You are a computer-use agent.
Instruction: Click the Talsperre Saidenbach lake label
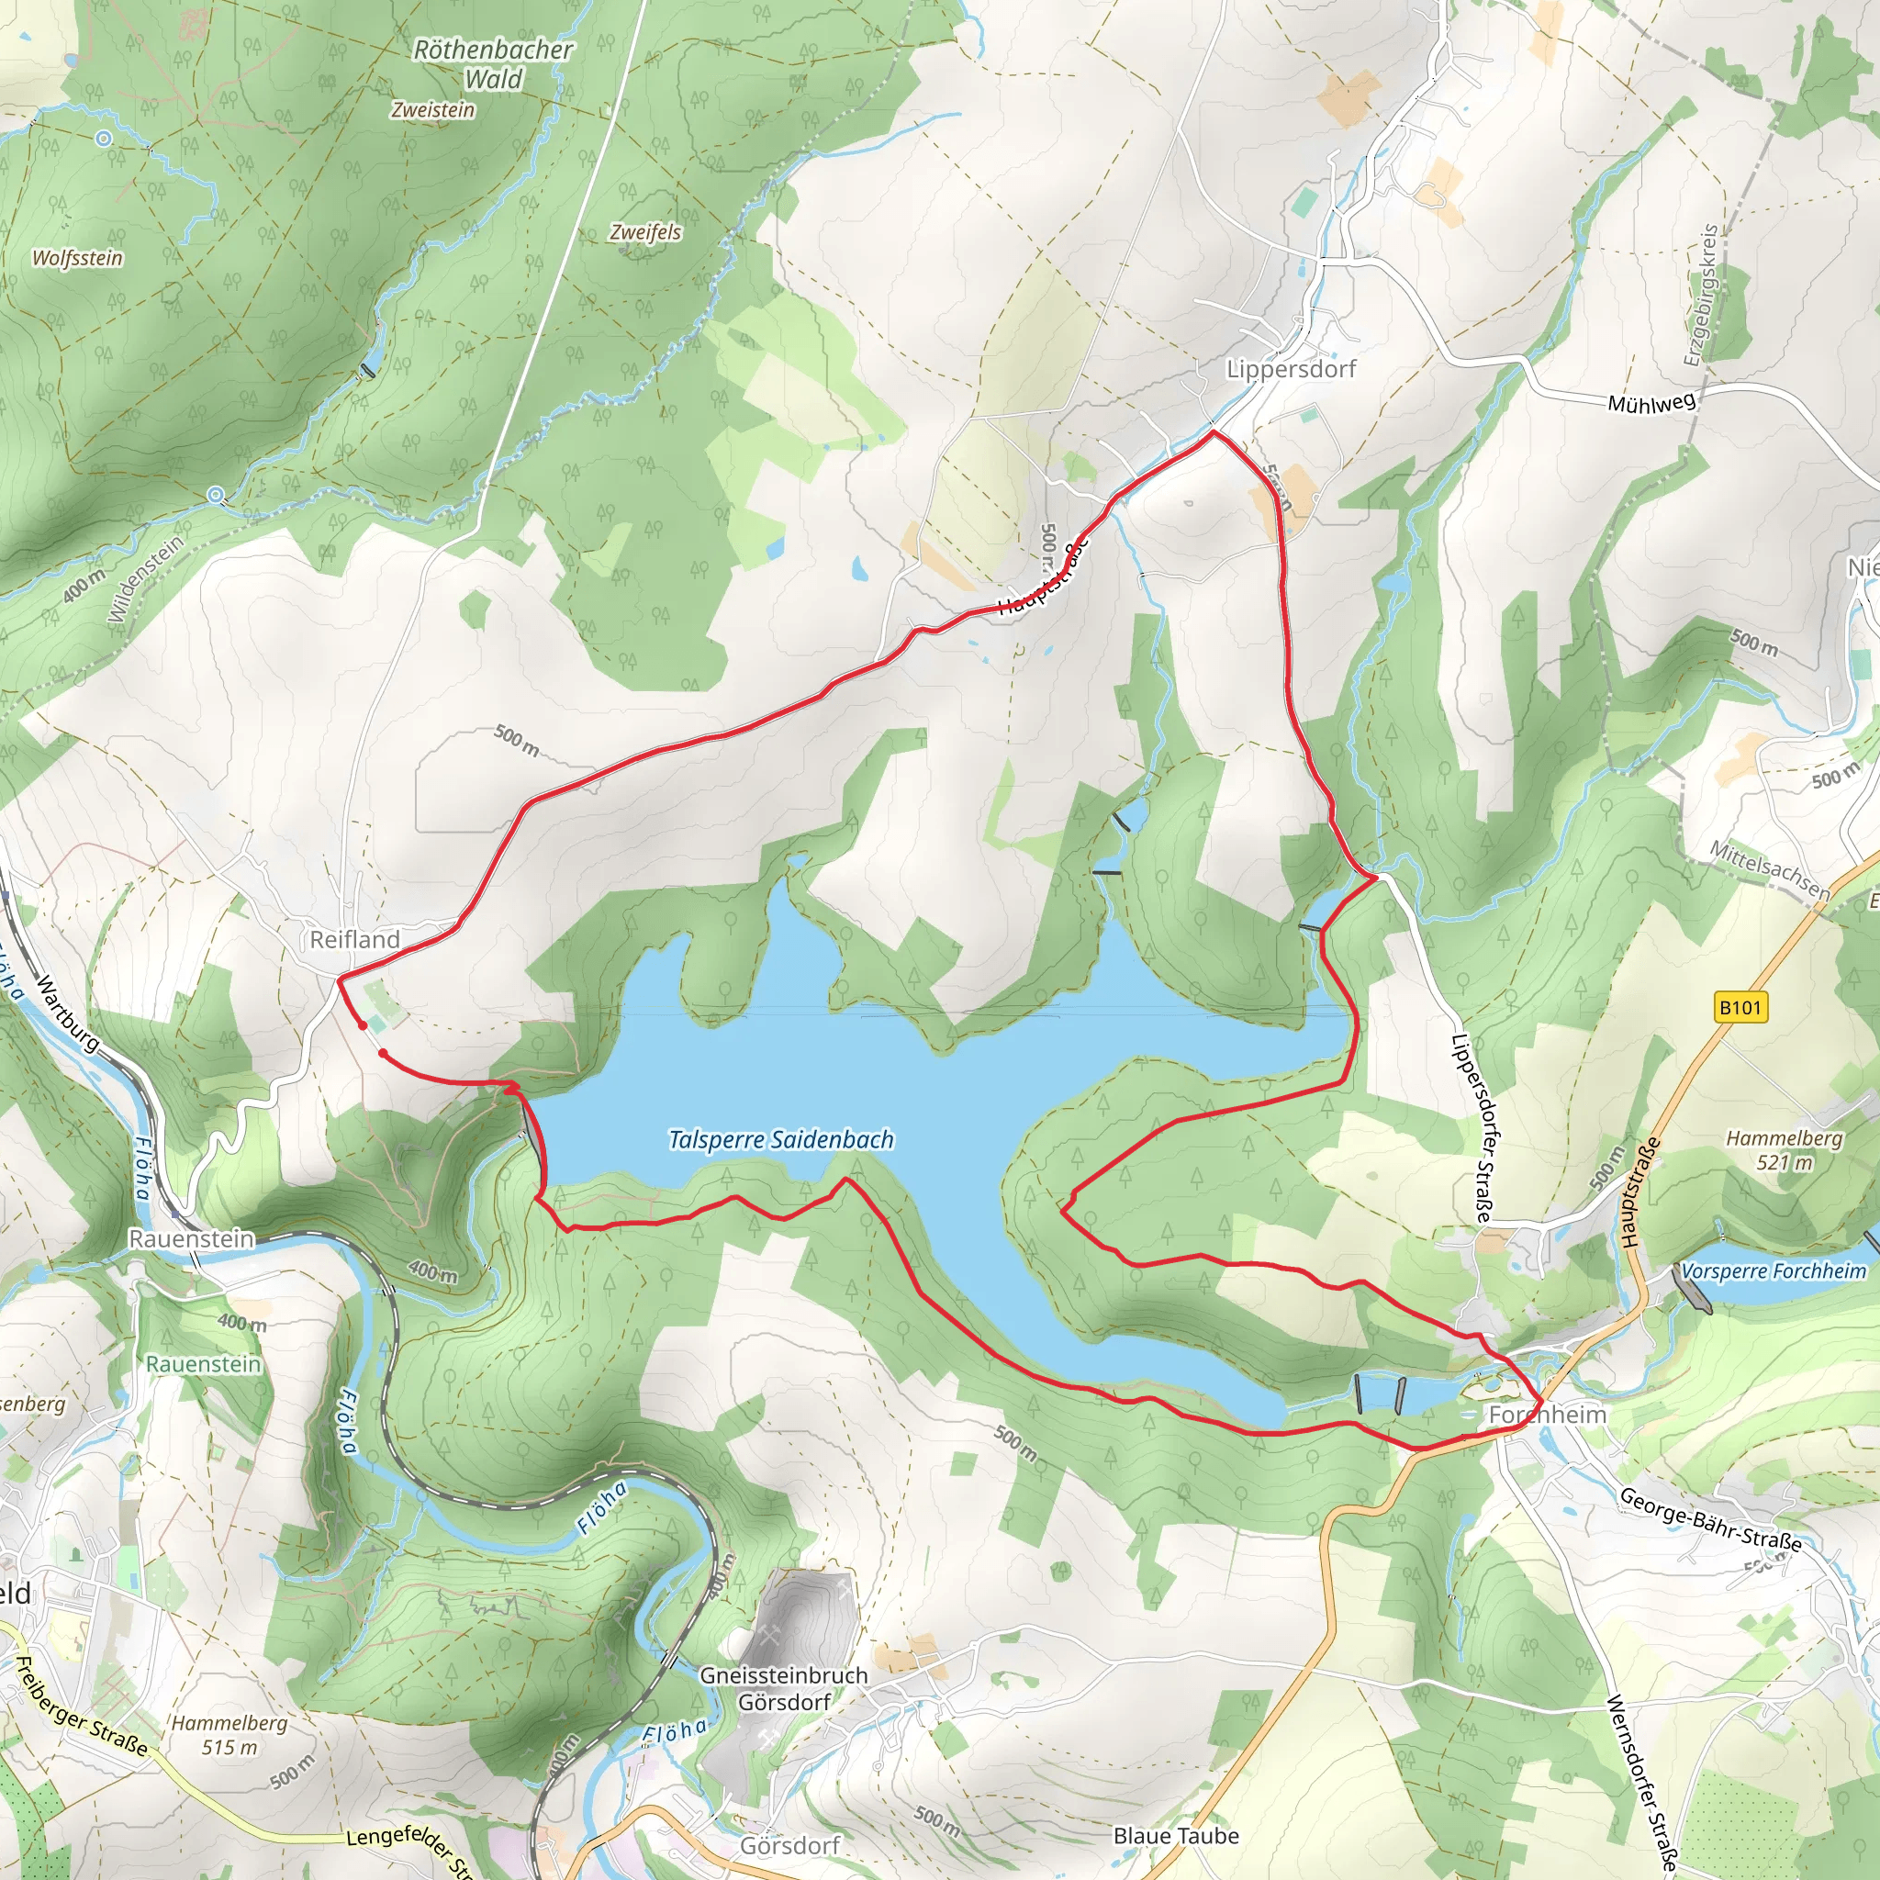(x=780, y=1139)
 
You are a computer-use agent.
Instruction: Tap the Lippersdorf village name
(x=1291, y=369)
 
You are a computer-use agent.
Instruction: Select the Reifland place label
(x=354, y=939)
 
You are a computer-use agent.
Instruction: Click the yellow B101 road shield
(x=1740, y=1007)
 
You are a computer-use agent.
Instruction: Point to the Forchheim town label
(x=1547, y=1414)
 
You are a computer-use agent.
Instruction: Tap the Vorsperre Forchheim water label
(x=1773, y=1271)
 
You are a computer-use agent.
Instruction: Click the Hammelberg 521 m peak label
(x=1784, y=1149)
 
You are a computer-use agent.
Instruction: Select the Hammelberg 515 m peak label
(x=229, y=1734)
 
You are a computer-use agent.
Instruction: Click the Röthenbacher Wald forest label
(x=493, y=63)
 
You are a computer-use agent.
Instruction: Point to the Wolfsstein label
(x=78, y=258)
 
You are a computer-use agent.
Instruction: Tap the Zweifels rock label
(x=645, y=231)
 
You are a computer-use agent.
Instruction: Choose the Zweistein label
(x=433, y=110)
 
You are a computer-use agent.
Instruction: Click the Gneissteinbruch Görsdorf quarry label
(x=783, y=1688)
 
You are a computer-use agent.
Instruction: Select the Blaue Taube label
(x=1176, y=1835)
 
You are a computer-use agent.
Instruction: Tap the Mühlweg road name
(x=1651, y=403)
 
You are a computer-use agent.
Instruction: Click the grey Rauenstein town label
(x=192, y=1238)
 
